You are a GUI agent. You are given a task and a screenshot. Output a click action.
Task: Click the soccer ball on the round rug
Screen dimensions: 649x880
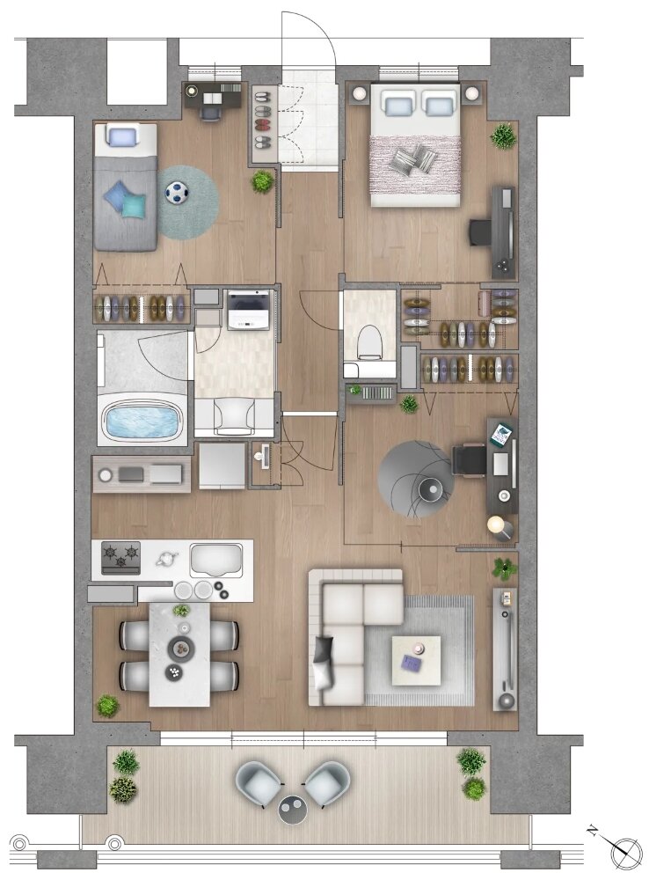[179, 193]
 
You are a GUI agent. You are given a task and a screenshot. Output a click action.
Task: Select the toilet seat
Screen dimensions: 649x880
[369, 341]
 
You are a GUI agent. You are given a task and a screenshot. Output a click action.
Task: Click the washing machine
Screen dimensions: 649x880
[249, 310]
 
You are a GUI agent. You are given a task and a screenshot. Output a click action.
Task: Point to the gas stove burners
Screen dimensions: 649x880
[120, 557]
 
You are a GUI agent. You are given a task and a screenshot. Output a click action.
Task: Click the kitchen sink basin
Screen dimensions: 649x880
[216, 560]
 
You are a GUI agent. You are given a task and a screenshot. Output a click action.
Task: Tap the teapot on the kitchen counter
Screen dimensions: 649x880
[166, 559]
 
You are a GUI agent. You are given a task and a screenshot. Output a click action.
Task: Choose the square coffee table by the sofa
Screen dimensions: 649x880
[416, 661]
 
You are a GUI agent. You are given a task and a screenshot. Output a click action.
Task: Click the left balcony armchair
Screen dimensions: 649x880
[259, 783]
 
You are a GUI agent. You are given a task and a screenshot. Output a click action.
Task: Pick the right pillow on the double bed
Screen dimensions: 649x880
[439, 104]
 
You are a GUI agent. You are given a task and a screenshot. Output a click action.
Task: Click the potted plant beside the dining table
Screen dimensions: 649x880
[106, 705]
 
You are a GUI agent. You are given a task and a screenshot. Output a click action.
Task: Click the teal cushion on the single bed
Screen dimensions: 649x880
[135, 204]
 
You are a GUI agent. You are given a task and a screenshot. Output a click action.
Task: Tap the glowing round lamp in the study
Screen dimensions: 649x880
[496, 524]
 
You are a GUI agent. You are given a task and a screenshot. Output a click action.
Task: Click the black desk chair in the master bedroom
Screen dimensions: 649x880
[480, 232]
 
